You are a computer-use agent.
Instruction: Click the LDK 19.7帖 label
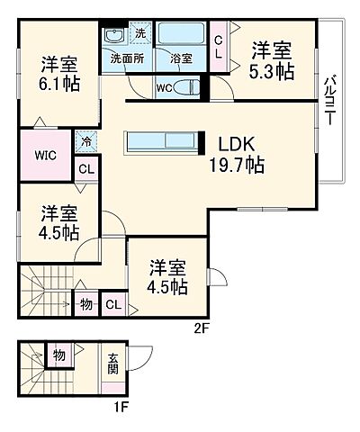[x=238, y=153]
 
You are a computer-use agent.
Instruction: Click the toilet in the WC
[x=186, y=86]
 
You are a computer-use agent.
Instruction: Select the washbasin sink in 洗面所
[x=113, y=37]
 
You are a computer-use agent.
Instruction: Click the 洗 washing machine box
[x=139, y=34]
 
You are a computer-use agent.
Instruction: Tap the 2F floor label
[x=202, y=328]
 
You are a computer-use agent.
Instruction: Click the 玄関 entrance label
[x=113, y=362]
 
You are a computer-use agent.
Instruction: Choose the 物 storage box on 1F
[x=58, y=355]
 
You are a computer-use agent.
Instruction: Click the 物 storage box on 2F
[x=85, y=304]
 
